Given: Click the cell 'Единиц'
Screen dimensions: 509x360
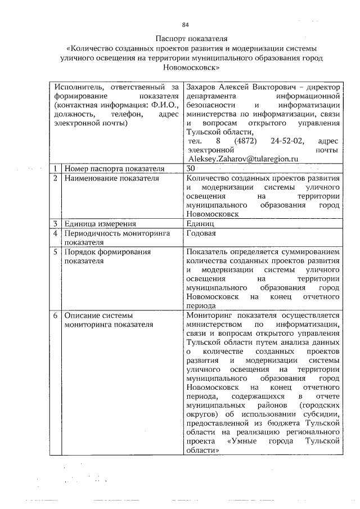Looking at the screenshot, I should coord(200,224).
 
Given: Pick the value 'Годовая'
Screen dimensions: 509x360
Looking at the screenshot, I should coord(201,233).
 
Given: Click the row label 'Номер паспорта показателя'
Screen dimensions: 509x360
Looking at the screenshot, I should coord(115,169).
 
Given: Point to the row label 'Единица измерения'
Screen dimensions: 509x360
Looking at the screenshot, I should coord(100,224).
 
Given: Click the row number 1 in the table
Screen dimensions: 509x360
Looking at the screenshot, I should coord(56,169).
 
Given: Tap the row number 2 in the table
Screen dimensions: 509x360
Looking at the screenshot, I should coord(56,178).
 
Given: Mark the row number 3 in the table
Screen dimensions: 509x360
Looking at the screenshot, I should coord(56,224).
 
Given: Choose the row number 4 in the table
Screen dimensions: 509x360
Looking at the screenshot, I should coord(56,233).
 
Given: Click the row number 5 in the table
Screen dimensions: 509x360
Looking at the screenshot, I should coord(56,252).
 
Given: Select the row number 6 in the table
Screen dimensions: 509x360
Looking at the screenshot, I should coord(56,316).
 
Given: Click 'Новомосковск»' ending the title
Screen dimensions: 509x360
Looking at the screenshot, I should coord(191,66).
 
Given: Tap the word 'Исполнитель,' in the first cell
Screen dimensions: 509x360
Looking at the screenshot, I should coord(79,87).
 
